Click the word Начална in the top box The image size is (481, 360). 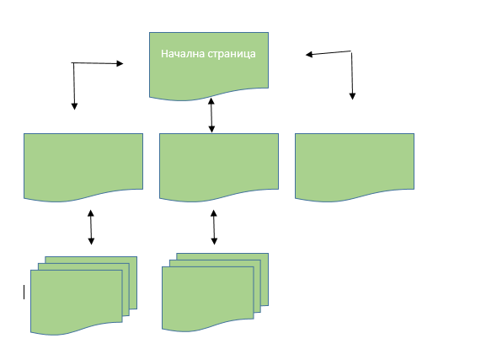click(x=183, y=54)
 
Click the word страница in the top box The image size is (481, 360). click(x=232, y=54)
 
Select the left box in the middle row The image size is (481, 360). click(x=83, y=167)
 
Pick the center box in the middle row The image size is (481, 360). click(x=219, y=167)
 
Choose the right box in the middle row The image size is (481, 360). click(x=355, y=167)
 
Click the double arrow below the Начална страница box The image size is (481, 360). click(x=211, y=116)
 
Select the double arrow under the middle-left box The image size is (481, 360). click(x=91, y=227)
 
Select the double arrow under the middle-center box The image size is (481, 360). click(x=214, y=227)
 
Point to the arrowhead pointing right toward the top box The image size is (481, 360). click(x=120, y=63)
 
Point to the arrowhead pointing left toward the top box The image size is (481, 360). click(x=309, y=55)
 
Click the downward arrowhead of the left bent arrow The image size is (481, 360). click(x=74, y=106)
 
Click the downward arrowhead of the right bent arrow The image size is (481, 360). click(x=352, y=96)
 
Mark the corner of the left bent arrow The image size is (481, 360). click(x=73, y=63)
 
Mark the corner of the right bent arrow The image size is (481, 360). click(x=351, y=51)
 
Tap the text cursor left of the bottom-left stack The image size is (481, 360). click(x=24, y=292)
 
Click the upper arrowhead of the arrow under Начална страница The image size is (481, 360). click(x=211, y=101)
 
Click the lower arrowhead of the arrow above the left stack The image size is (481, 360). click(x=91, y=241)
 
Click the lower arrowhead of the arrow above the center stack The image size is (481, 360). click(x=215, y=241)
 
